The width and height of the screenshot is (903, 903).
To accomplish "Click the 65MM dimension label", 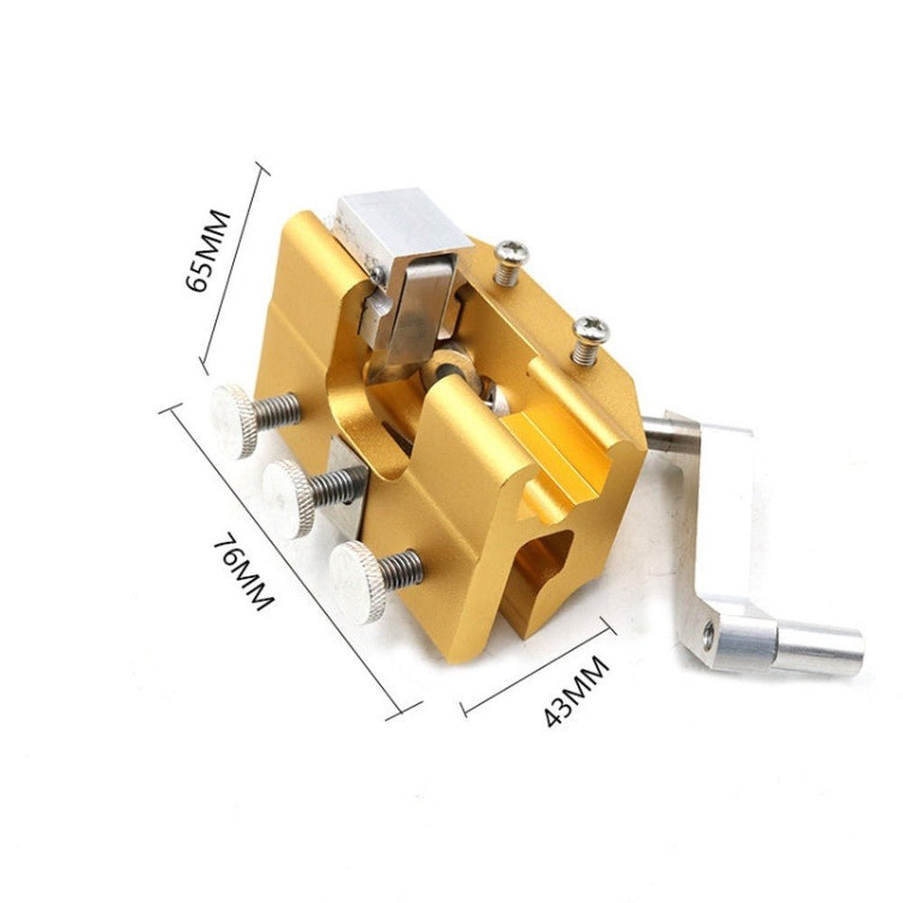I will pyautogui.click(x=209, y=250).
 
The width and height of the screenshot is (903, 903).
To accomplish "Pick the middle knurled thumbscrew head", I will pyautogui.click(x=290, y=498).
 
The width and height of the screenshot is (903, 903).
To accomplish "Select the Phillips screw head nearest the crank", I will pyautogui.click(x=590, y=330).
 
